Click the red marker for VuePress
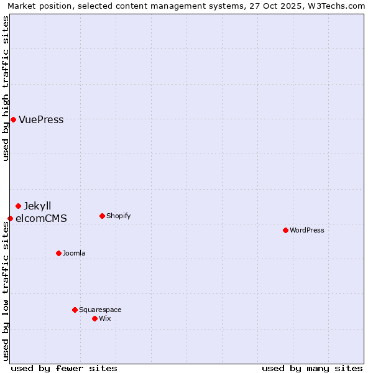click(x=13, y=119)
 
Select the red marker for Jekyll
click(x=18, y=206)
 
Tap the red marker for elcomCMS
click(x=10, y=218)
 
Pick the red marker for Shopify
click(x=102, y=216)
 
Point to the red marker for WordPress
click(x=285, y=230)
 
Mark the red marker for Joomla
click(x=58, y=253)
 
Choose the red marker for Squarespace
click(x=75, y=310)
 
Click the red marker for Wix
click(x=94, y=318)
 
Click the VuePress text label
click(x=41, y=120)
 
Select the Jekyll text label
click(x=38, y=206)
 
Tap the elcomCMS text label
click(x=41, y=218)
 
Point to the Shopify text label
click(x=118, y=216)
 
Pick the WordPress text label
click(x=307, y=230)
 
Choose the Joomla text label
click(x=74, y=253)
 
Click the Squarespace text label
click(x=100, y=310)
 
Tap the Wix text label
click(x=104, y=318)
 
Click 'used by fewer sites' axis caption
click(x=64, y=368)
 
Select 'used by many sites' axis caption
click(x=312, y=368)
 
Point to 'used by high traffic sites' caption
click(x=6, y=88)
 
